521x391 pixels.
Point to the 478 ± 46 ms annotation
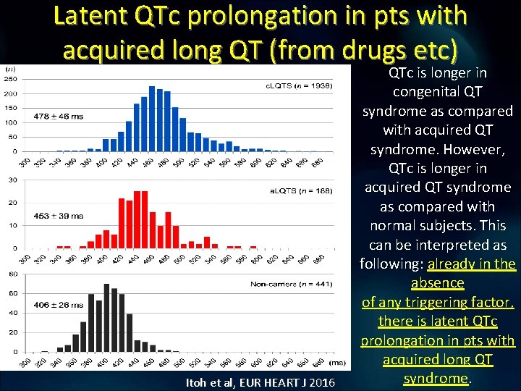(59, 116)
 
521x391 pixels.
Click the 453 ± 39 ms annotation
(59, 216)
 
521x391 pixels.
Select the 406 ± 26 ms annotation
(59, 305)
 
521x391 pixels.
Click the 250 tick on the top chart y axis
(12, 78)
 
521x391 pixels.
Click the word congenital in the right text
(437, 92)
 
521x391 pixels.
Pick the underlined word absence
(437, 282)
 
